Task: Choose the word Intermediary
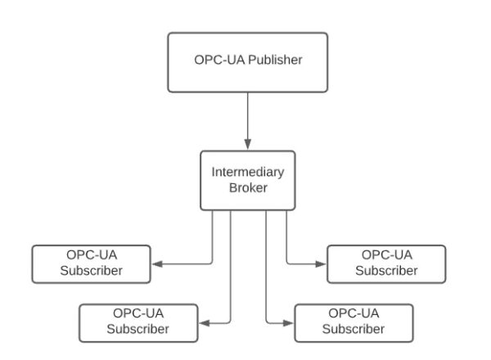[x=247, y=172]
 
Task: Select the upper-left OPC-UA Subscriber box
[x=92, y=263]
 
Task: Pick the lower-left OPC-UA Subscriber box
[x=138, y=322]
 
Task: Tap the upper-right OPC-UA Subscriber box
[x=386, y=263]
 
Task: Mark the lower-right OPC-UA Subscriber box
[x=353, y=322]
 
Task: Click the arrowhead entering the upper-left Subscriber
[x=157, y=264]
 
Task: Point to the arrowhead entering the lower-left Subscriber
[x=204, y=323]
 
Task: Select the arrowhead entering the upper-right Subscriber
[x=322, y=264]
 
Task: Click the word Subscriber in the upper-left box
[x=92, y=271]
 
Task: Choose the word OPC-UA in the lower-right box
[x=353, y=314]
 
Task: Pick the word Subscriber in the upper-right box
[x=386, y=271]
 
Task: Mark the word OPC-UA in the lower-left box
[x=138, y=314]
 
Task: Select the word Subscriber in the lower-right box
[x=353, y=330]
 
